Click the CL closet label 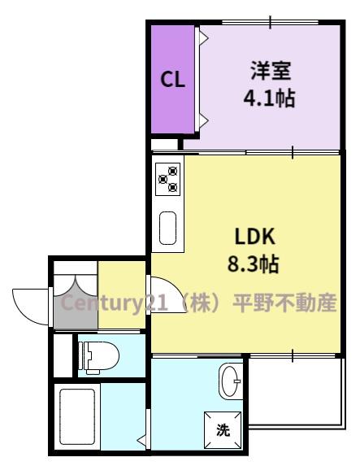(172, 80)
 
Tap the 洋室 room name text (271, 71)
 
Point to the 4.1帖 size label (270, 98)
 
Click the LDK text (255, 237)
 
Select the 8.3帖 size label (253, 264)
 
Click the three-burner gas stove (168, 179)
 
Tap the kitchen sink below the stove (168, 228)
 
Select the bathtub (77, 416)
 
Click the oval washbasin (230, 381)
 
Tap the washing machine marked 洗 (223, 429)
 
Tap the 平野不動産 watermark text (284, 303)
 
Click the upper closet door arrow (203, 38)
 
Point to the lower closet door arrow (203, 120)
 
